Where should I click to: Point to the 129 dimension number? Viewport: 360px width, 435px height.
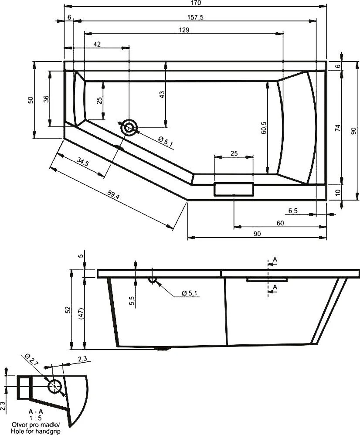(183, 30)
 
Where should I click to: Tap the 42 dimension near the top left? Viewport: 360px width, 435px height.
(97, 44)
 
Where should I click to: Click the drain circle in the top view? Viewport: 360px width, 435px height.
(129, 128)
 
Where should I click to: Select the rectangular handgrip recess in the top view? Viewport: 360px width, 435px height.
(234, 190)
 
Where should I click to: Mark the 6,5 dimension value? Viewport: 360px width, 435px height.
(293, 211)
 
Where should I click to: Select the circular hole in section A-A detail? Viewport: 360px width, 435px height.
(55, 386)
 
